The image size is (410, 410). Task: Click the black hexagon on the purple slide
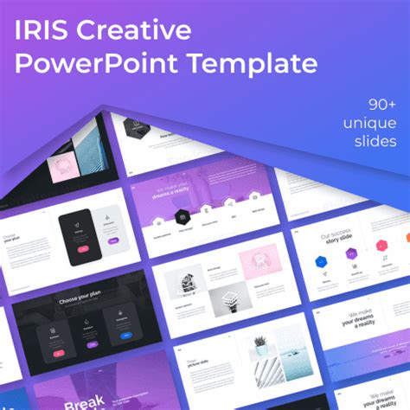pyautogui.click(x=183, y=216)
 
